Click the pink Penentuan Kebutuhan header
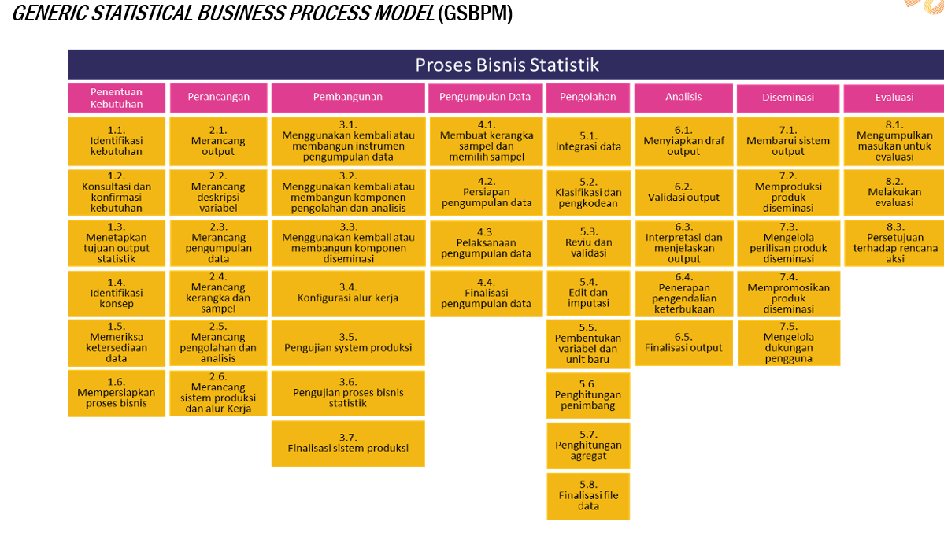(117, 98)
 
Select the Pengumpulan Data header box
(485, 98)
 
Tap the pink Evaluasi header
(894, 98)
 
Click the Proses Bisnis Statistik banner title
(507, 65)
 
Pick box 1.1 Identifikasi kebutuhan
(117, 141)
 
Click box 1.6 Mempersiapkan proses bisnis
(117, 393)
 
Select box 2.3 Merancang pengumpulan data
(218, 242)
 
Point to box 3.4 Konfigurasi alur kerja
(348, 293)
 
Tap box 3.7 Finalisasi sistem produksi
(348, 443)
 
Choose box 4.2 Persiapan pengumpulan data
(486, 192)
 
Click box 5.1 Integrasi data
(588, 141)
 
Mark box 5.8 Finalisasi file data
(588, 495)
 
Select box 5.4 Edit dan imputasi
(588, 292)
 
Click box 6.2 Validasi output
(683, 192)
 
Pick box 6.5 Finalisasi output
(683, 342)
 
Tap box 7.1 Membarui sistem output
(788, 141)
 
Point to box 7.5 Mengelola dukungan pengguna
(788, 342)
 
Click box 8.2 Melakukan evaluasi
(894, 192)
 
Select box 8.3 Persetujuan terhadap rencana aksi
(894, 242)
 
